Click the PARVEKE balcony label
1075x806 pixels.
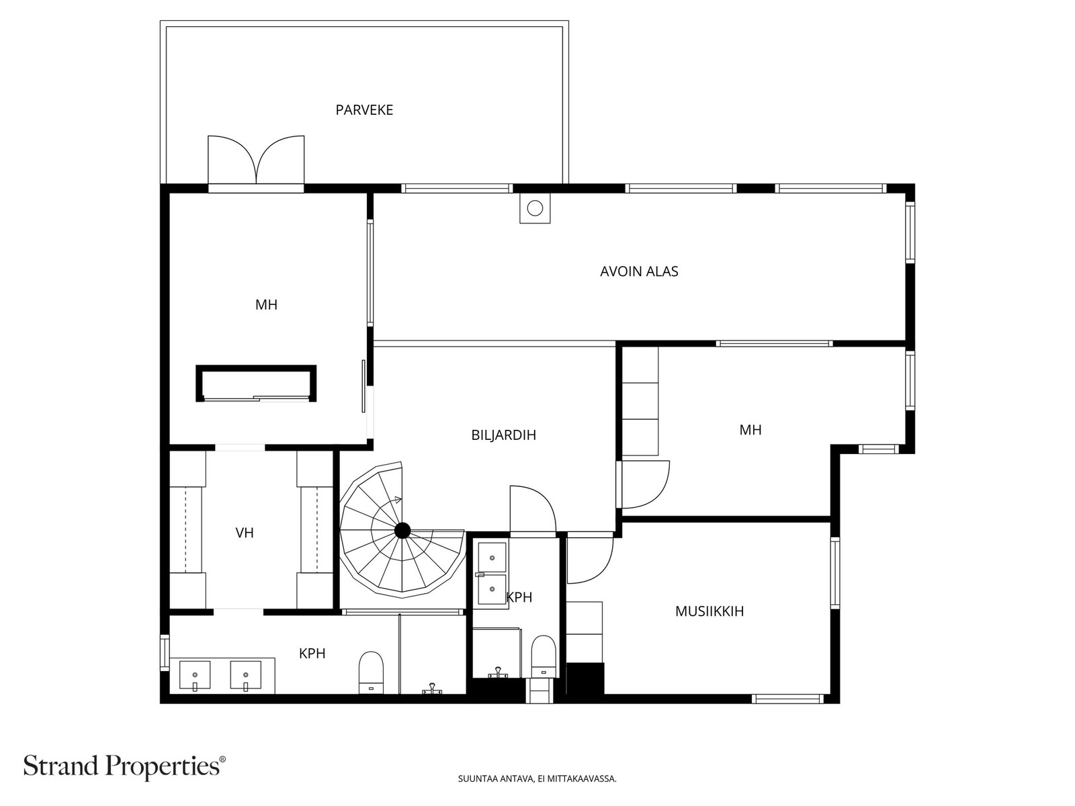(x=364, y=110)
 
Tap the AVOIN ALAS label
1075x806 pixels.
(x=639, y=271)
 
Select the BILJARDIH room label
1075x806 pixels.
(x=503, y=435)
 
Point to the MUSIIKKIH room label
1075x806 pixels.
(x=709, y=611)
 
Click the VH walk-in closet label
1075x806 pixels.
(x=245, y=533)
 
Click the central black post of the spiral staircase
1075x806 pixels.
(x=402, y=530)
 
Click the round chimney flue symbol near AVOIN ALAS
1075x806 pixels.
(x=535, y=208)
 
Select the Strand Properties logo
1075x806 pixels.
(x=125, y=766)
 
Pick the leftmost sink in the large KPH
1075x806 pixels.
(x=195, y=675)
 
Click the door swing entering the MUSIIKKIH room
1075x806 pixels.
(x=590, y=560)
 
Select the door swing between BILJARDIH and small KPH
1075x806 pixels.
(x=533, y=509)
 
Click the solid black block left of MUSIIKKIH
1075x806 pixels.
(x=585, y=678)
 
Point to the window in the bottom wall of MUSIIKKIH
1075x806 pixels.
(x=788, y=699)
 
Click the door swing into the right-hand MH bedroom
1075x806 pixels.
(x=646, y=484)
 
